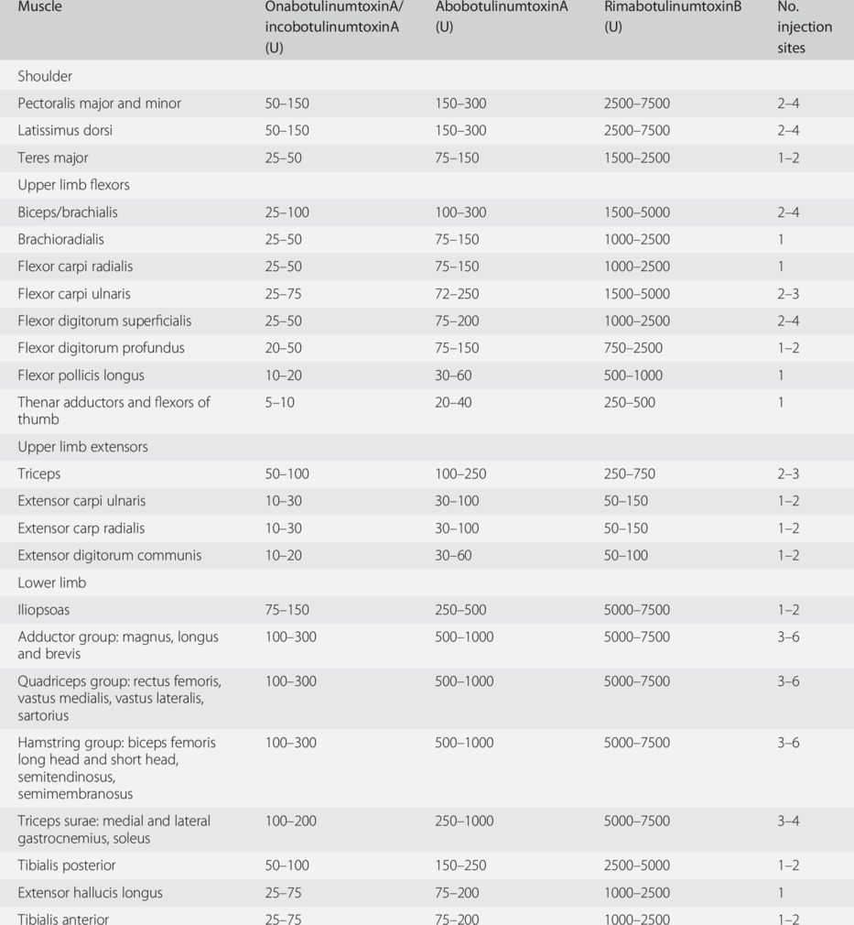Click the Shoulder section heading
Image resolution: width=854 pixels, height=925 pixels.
[x=45, y=76]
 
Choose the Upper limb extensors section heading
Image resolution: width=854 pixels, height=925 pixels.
[x=82, y=447]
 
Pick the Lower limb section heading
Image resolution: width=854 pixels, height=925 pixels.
[x=51, y=582]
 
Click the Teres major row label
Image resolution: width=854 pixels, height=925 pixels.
[x=53, y=158]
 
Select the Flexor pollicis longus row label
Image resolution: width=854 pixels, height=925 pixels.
[x=81, y=375]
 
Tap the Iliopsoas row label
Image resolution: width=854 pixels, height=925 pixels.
[x=43, y=610]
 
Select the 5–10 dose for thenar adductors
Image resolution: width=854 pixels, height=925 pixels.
[x=279, y=402]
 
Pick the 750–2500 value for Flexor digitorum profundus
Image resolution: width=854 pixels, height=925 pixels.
[x=632, y=348]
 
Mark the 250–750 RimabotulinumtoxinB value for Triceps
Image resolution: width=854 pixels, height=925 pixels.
[x=629, y=474]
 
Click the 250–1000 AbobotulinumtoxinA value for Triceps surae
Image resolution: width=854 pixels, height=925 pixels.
[x=464, y=821]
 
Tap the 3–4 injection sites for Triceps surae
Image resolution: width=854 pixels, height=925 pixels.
[x=788, y=821]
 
